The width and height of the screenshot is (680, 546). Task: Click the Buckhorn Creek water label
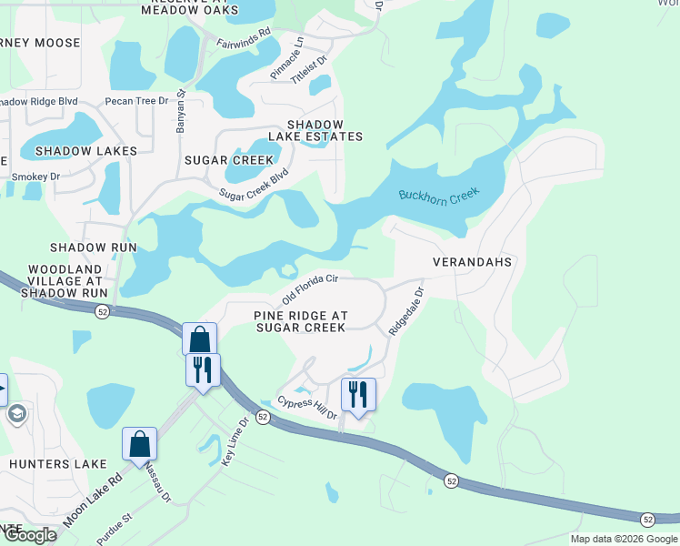pyautogui.click(x=438, y=196)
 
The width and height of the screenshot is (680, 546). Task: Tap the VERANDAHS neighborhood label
pyautogui.click(x=467, y=261)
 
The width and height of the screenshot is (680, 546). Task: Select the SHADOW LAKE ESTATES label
pyautogui.click(x=325, y=130)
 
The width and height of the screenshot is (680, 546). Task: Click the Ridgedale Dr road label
pyautogui.click(x=406, y=312)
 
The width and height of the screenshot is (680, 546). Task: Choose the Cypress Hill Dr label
pyautogui.click(x=307, y=408)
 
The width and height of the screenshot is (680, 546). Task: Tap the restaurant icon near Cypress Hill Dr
pyautogui.click(x=357, y=395)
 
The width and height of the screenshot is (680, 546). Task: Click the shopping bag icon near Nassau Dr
pyautogui.click(x=140, y=445)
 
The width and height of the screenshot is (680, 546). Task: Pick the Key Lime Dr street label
pyautogui.click(x=235, y=442)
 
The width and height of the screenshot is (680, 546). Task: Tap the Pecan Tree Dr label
pyautogui.click(x=137, y=100)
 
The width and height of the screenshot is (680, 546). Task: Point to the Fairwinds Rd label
pyautogui.click(x=244, y=36)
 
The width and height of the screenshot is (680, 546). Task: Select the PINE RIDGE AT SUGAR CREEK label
pyautogui.click(x=300, y=321)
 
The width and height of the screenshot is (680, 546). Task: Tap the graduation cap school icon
pyautogui.click(x=16, y=415)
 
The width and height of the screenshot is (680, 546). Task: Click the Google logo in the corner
pyautogui.click(x=29, y=535)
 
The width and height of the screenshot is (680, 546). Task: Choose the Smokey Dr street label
pyautogui.click(x=35, y=177)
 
